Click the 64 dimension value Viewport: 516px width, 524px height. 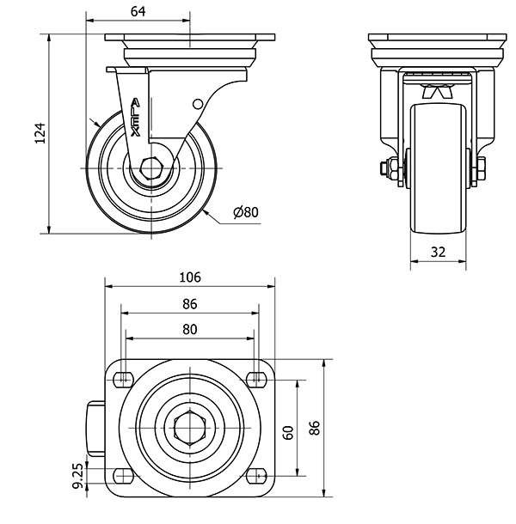click(x=138, y=12)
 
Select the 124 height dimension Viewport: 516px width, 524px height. click(x=40, y=133)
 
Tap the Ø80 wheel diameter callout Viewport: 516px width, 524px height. click(x=246, y=212)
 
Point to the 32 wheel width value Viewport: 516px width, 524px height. click(x=438, y=252)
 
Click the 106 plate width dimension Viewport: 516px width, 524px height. click(x=190, y=277)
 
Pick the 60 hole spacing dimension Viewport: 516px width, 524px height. click(x=288, y=432)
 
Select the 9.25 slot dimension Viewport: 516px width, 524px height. click(x=77, y=476)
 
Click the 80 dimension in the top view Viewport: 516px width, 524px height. click(x=190, y=330)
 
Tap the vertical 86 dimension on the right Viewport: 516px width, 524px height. click(x=315, y=428)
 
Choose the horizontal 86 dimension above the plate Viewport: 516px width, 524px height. click(x=190, y=304)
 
